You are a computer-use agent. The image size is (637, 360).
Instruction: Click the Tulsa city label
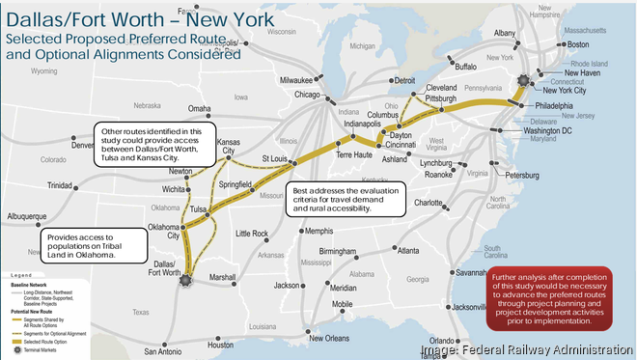pyautogui.click(x=199, y=208)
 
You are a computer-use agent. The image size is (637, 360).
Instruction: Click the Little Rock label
pyautogui.click(x=253, y=234)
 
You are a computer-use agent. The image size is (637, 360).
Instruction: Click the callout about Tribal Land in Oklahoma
pyautogui.click(x=93, y=246)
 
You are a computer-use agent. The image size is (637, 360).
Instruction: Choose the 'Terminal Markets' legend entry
pyautogui.click(x=39, y=353)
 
